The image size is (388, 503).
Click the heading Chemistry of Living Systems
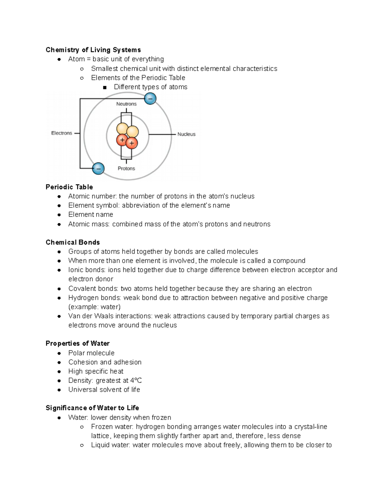[x=93, y=50]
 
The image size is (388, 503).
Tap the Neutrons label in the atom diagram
[x=126, y=104]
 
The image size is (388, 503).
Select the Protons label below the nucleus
[x=126, y=168]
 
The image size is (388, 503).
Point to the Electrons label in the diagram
[x=61, y=133]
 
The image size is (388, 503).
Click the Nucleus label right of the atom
[x=186, y=134]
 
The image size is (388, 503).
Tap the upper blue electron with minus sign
[x=150, y=98]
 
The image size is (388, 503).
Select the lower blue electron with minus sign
[x=98, y=168]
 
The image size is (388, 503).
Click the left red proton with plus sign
[x=122, y=140]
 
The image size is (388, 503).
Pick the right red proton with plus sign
[x=132, y=143]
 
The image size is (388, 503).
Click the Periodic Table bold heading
[x=69, y=187]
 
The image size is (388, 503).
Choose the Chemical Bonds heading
[x=73, y=243]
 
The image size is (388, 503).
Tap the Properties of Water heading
[x=78, y=343]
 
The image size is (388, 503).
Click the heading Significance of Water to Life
[x=92, y=408]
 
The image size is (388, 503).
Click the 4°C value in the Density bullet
[x=136, y=381]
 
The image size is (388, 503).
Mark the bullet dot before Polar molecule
[x=59, y=353]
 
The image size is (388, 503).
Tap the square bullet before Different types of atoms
[x=104, y=87]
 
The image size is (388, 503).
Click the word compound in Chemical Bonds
[x=289, y=261]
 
